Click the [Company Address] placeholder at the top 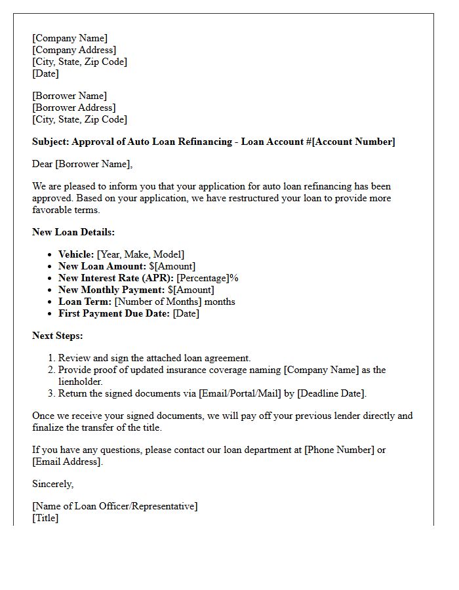[x=74, y=50]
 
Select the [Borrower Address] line [x=74, y=108]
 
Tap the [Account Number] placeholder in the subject [x=353, y=142]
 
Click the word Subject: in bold [x=50, y=142]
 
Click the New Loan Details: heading [x=73, y=232]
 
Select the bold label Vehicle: [x=76, y=254]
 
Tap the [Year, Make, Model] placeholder [x=140, y=254]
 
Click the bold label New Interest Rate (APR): [x=116, y=278]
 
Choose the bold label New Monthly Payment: [x=111, y=290]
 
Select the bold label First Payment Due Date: [x=114, y=313]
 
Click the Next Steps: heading [x=58, y=336]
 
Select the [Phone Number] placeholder [x=339, y=450]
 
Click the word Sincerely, [x=53, y=484]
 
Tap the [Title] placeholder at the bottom [x=45, y=518]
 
